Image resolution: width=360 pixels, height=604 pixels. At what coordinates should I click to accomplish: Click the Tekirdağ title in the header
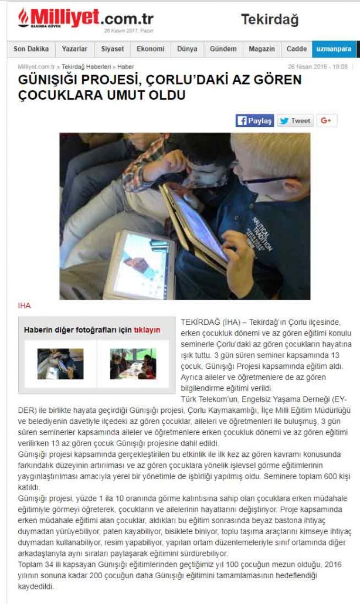point(270,20)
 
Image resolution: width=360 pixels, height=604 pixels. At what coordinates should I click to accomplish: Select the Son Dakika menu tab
point(31,49)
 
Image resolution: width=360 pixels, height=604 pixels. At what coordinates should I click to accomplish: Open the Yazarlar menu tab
point(74,49)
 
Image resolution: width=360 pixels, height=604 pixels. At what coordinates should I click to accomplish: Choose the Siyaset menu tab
point(112,49)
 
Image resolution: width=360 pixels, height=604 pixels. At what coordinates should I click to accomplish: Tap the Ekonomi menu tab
point(151,49)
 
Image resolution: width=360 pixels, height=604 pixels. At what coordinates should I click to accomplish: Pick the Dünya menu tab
point(187,49)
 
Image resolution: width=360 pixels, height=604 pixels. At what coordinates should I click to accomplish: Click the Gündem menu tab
point(223,49)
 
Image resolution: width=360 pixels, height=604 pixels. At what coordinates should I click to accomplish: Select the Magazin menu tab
point(261,49)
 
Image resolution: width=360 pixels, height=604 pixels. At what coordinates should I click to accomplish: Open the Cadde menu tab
point(297,49)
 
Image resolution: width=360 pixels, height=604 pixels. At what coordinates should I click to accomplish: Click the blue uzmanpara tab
point(332,49)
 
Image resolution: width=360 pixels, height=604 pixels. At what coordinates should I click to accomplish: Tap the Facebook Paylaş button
point(254,121)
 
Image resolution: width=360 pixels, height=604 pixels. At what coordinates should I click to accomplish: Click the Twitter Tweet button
point(295,121)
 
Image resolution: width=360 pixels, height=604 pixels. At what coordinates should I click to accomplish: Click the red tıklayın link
point(147,330)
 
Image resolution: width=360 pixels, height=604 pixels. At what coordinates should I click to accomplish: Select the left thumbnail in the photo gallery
point(60,364)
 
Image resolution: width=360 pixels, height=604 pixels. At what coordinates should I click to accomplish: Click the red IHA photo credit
point(24,306)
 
